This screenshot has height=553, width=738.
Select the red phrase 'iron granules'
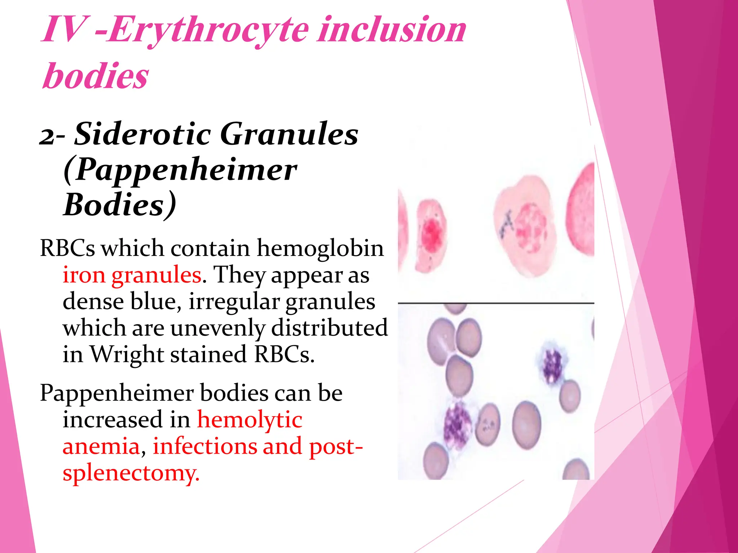click(132, 275)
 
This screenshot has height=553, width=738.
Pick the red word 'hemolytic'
click(250, 420)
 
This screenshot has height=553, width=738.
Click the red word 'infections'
click(204, 446)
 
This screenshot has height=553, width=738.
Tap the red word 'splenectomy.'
click(131, 473)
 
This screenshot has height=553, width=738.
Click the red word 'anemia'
click(101, 446)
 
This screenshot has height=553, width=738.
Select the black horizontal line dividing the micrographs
click(496, 303)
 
